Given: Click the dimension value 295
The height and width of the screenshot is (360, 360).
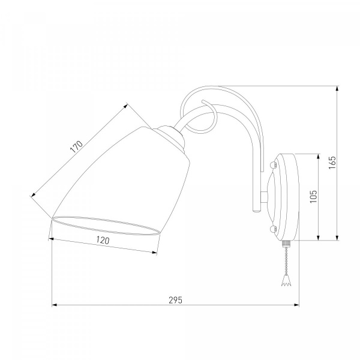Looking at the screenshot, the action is [x=175, y=300].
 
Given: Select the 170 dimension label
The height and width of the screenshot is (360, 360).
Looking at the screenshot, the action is [x=76, y=147].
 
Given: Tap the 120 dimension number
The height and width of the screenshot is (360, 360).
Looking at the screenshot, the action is [x=103, y=241].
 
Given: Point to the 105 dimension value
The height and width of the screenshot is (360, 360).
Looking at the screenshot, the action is [x=313, y=197].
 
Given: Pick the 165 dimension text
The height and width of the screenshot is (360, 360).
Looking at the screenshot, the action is [x=332, y=163].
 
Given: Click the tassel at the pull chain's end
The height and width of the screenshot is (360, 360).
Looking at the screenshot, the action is [x=286, y=281].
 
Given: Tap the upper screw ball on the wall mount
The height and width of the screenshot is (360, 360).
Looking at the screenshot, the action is [x=272, y=165].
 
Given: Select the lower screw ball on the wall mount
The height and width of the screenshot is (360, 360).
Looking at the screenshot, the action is [x=272, y=229].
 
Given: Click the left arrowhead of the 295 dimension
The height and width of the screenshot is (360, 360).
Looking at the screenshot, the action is [x=55, y=305].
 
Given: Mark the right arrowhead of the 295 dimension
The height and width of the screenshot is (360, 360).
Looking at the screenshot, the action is [x=296, y=305].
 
